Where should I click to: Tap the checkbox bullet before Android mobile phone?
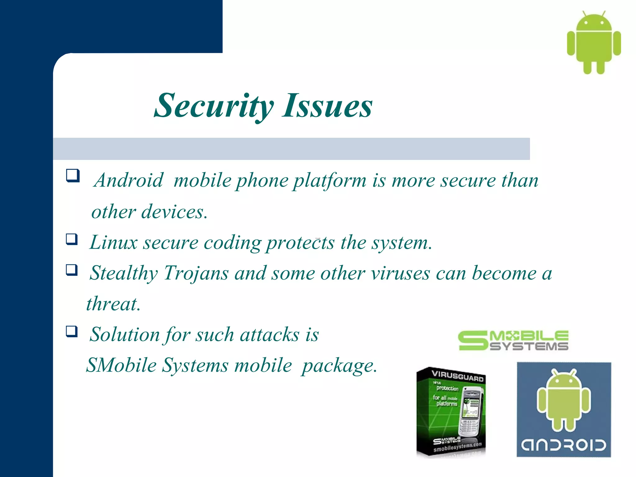(73, 175)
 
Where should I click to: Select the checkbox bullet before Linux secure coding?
(71, 239)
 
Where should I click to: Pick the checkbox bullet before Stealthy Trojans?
(71, 270)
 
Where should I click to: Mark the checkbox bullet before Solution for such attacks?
(71, 331)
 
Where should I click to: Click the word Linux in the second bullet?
(113, 242)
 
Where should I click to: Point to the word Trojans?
(196, 273)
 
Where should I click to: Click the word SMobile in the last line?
(121, 365)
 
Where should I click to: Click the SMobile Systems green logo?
(513, 341)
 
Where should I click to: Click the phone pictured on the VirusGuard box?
(470, 413)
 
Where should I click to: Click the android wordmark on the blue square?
(563, 445)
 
